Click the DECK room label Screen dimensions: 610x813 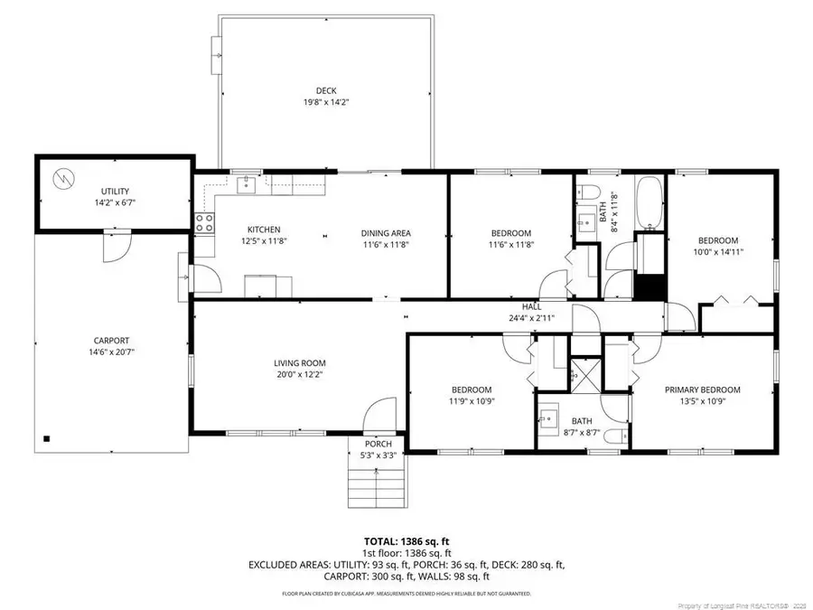326,89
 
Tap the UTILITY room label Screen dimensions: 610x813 115,191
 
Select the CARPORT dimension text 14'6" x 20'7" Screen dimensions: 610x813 113,352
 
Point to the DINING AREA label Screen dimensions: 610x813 386,233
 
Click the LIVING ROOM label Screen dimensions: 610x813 300,363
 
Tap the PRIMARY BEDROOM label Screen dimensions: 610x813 702,389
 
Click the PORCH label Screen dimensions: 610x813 378,444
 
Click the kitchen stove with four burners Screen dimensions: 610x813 205,222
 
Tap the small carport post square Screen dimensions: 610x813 46,438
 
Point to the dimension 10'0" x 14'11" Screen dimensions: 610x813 718,253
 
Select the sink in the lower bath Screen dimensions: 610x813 549,418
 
